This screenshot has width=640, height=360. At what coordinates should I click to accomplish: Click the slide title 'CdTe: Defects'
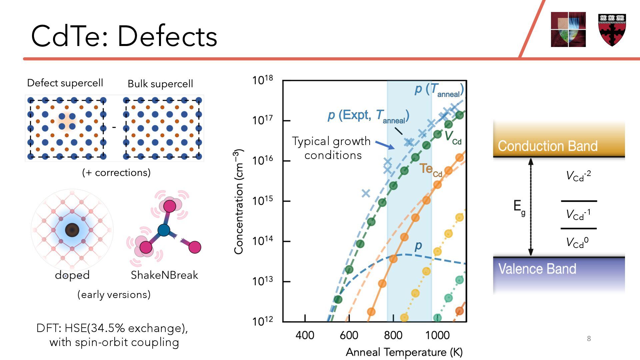pos(124,36)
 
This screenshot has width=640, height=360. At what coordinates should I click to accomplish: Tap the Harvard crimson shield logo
pos(612,30)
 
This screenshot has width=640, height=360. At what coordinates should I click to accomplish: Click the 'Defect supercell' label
pos(65,83)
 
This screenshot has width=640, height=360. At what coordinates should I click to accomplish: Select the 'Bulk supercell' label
pos(160,84)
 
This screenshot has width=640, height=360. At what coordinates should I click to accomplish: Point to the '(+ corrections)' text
pos(116,173)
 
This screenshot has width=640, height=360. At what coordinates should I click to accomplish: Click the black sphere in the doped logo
pos(72,230)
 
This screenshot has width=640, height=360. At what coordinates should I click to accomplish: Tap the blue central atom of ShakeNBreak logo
pos(164,230)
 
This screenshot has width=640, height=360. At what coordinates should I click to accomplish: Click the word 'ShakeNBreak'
pos(164,275)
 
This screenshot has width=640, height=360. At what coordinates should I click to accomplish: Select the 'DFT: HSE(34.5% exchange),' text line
pos(112,328)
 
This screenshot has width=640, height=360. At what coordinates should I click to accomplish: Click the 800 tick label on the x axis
pos(393,335)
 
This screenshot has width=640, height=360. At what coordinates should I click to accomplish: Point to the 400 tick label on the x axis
pos(305,335)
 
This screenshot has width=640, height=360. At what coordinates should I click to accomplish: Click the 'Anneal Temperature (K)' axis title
pos(404,352)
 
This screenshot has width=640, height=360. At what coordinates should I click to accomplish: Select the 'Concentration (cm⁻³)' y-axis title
pos(239,202)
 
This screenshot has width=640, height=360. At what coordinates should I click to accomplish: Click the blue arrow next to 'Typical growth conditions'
pos(385,145)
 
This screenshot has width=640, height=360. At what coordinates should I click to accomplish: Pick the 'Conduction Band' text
pos(547,146)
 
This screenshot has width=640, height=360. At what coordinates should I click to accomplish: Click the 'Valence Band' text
pos(537,269)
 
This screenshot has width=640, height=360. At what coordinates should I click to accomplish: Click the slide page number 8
pos(589,339)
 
